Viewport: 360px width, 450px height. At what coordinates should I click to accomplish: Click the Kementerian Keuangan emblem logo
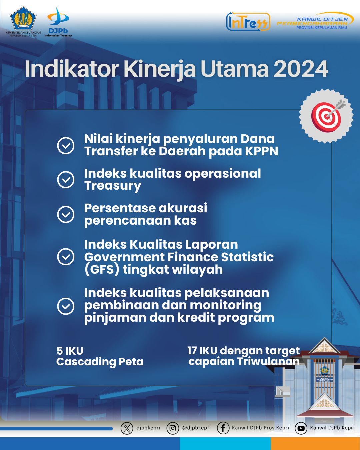point(23,18)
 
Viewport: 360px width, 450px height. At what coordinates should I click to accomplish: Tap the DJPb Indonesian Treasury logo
point(58,22)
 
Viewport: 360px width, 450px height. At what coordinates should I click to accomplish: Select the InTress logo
point(248,22)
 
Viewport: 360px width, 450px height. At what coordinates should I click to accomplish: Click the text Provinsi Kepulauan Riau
point(322,28)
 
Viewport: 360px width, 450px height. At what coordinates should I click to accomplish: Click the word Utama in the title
point(234,69)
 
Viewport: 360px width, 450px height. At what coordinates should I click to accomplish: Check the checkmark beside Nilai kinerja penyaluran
point(66,146)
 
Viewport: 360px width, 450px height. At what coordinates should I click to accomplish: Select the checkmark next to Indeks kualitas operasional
point(66,180)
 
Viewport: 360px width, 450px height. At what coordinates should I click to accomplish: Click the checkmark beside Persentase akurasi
point(66,214)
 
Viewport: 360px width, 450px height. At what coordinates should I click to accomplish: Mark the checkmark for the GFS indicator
point(66,257)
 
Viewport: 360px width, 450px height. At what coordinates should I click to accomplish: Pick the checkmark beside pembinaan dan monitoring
point(66,306)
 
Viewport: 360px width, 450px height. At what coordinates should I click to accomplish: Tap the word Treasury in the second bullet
point(113,186)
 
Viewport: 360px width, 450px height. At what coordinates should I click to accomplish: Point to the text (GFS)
point(102,270)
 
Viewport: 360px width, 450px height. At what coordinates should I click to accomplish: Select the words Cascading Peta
point(100,362)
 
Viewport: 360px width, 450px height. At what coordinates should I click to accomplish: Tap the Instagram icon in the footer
point(173,428)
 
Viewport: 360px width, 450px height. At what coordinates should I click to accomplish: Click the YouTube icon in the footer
point(301,428)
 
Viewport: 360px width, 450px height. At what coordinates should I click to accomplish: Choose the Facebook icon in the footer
point(223,428)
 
